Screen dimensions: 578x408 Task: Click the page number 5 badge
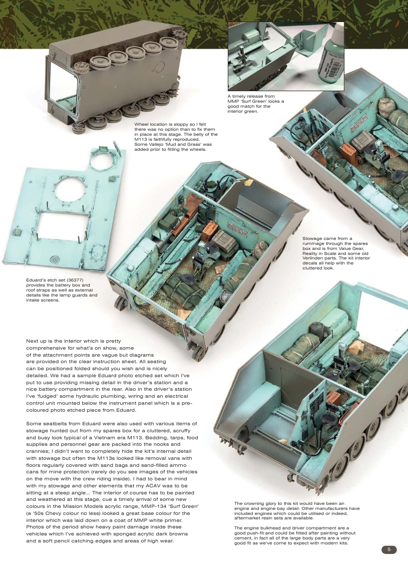[x=388, y=549]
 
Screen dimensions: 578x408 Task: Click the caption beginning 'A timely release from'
[x=255, y=104]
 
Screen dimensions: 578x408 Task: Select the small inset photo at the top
[x=286, y=56]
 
